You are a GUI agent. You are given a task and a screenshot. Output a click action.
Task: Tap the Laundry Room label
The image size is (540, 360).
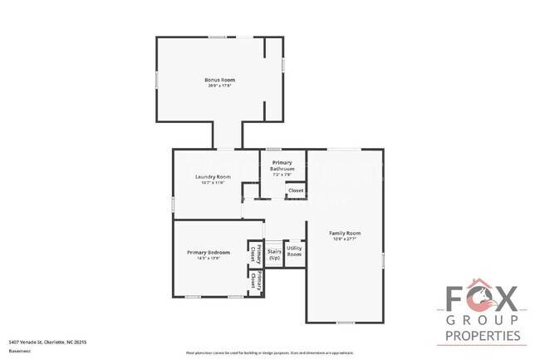213,176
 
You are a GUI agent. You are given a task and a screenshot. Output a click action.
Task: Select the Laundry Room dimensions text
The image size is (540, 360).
213,182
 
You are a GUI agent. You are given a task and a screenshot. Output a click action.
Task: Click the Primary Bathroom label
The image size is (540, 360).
282,165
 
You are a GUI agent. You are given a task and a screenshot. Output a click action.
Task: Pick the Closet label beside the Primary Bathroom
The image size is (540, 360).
295,191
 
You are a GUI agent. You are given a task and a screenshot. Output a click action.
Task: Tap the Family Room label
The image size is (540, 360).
344,233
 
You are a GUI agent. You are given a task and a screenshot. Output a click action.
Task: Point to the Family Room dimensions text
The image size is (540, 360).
344,239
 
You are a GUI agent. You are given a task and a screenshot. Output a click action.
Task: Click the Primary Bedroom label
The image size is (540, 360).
208,252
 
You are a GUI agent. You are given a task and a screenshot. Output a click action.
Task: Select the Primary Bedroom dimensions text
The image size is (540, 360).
208,258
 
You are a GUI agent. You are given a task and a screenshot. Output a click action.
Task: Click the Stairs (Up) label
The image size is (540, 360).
274,254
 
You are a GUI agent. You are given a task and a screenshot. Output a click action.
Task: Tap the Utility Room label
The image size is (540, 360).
294,250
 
